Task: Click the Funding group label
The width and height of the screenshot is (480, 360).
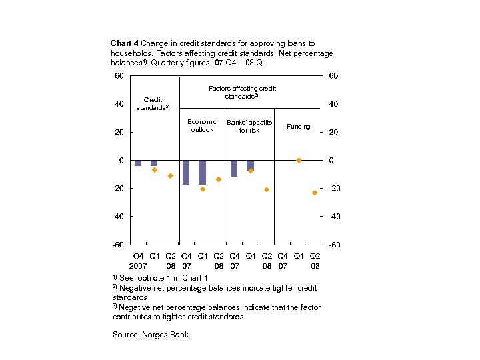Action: tap(298, 126)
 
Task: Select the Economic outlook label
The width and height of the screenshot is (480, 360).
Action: tap(202, 125)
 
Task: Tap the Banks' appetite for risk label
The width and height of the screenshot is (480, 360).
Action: tap(249, 126)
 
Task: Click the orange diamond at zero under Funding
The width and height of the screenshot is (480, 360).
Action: tap(299, 160)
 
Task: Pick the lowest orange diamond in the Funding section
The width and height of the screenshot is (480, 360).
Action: tap(315, 193)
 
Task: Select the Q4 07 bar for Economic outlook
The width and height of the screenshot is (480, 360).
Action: tap(186, 172)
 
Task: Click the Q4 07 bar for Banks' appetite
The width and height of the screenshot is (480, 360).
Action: tap(234, 168)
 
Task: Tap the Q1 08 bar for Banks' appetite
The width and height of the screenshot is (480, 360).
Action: tap(250, 165)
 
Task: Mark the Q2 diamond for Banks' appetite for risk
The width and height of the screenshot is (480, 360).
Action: tap(267, 190)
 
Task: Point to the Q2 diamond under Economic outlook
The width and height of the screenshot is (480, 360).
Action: tap(219, 179)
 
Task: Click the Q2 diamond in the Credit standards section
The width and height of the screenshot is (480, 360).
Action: tap(171, 176)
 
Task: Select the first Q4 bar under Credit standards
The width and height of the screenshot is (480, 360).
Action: tap(138, 163)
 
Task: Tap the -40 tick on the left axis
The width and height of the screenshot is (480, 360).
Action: tap(117, 216)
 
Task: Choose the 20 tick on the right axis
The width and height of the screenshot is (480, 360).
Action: tap(333, 132)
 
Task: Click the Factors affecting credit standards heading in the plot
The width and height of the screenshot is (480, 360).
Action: tap(242, 92)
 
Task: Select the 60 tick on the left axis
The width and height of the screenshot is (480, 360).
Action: tap(117, 76)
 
